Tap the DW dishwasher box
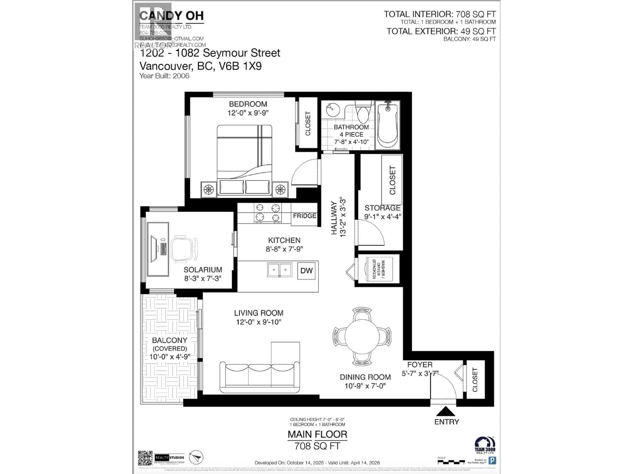(x=306, y=271)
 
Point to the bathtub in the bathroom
(x=388, y=125)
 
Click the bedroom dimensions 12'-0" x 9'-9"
(x=248, y=113)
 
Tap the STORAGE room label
(x=382, y=208)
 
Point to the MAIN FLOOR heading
(x=317, y=434)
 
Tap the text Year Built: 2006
(x=164, y=76)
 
